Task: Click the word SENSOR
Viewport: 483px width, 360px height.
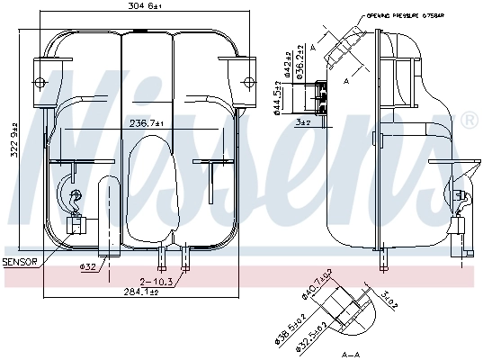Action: click(x=20, y=262)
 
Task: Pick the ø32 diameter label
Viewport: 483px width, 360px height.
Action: click(x=88, y=266)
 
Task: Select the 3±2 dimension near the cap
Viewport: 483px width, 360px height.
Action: click(x=301, y=121)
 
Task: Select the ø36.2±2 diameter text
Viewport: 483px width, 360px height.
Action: click(x=300, y=63)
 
